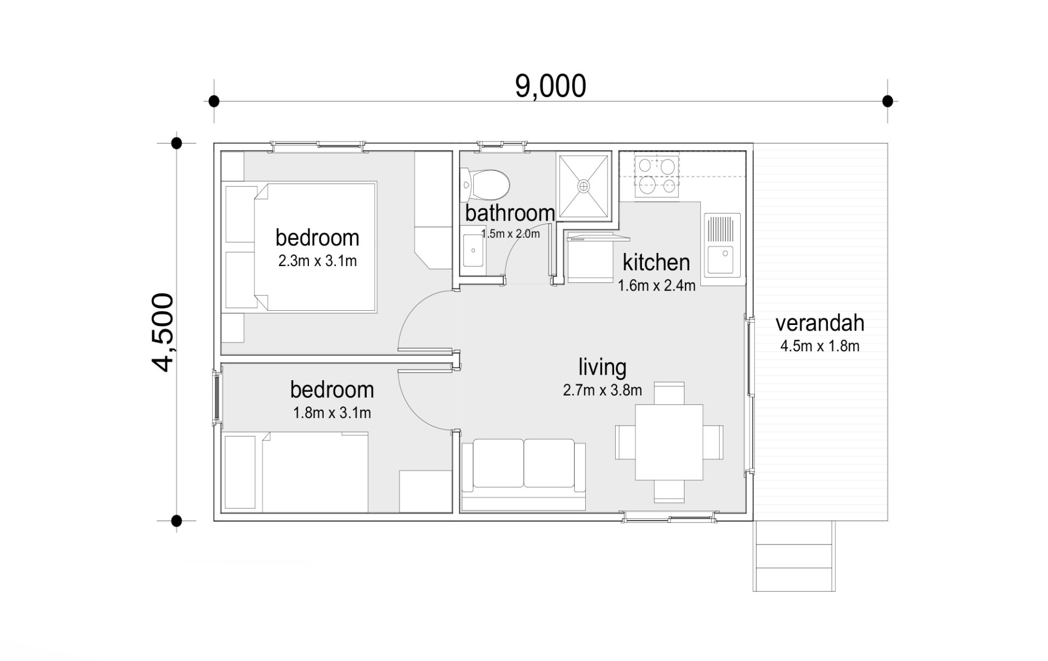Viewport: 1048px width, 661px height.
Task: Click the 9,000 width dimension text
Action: coord(550,86)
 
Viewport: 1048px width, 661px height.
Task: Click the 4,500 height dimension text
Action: coord(163,332)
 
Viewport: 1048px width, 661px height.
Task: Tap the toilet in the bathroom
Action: coord(485,184)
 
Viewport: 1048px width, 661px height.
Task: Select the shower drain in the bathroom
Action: coord(583,186)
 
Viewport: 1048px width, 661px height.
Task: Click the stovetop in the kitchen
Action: coord(657,176)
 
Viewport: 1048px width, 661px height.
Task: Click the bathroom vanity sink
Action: coord(472,251)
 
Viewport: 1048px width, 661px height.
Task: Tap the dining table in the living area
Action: coord(669,442)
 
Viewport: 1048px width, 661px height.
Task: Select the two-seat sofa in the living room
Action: coord(523,474)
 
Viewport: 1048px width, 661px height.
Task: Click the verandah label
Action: coord(820,323)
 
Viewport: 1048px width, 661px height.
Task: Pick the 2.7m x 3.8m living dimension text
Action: coord(602,390)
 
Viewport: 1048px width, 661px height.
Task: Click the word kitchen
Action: coord(656,262)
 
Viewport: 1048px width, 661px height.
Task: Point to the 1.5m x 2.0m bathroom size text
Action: coord(510,234)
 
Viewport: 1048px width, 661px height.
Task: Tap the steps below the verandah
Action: coord(794,556)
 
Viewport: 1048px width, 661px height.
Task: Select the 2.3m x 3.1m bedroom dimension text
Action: coord(317,261)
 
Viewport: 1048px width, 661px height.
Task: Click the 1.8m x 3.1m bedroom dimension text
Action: coord(332,413)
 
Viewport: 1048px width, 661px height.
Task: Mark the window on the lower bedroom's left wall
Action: coord(217,396)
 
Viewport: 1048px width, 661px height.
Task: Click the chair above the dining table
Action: coord(669,393)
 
